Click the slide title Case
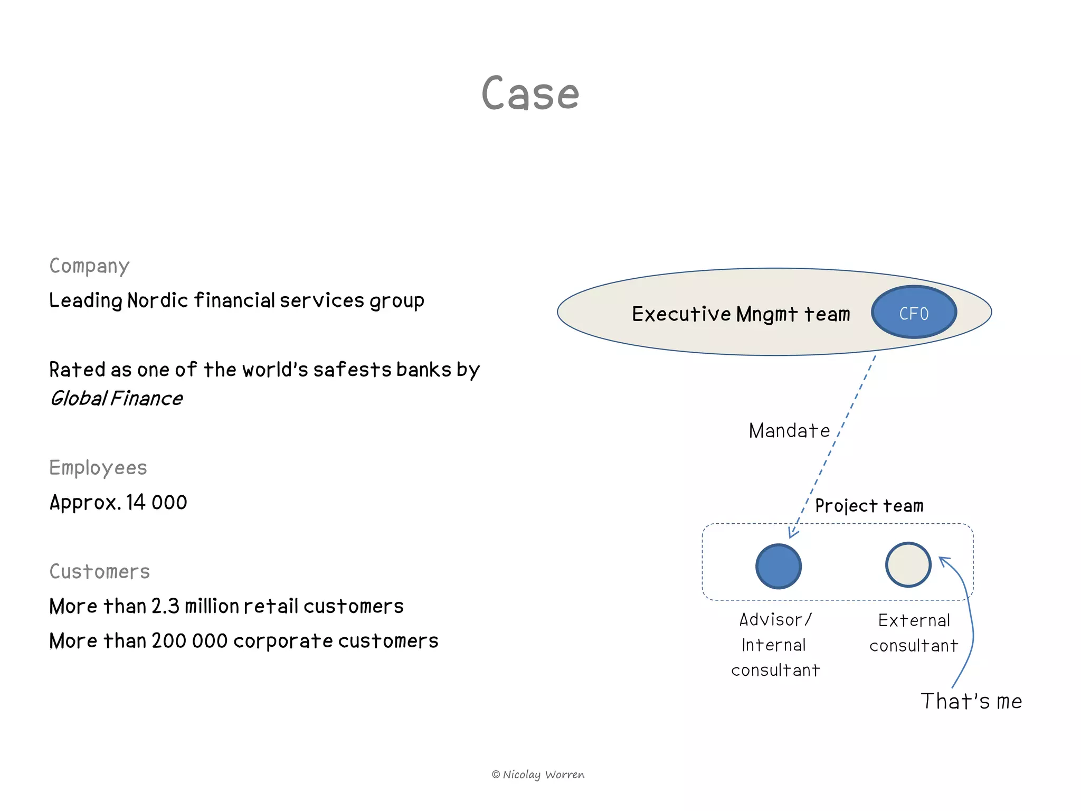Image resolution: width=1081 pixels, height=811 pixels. [x=530, y=94]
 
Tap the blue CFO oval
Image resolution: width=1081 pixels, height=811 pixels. [x=914, y=313]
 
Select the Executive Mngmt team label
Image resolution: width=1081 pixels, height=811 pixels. [x=741, y=314]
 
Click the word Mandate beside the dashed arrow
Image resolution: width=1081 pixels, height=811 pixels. [x=789, y=431]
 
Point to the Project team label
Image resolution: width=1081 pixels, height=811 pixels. [x=869, y=506]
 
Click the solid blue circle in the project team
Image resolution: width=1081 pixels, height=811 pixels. [x=779, y=567]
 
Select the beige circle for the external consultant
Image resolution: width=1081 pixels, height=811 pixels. [x=908, y=564]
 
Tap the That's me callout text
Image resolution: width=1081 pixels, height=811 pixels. [x=971, y=701]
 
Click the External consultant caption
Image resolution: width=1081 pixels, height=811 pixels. [x=914, y=633]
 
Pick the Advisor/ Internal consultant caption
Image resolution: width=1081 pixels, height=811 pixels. [x=775, y=645]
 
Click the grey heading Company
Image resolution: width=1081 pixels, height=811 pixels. [x=89, y=266]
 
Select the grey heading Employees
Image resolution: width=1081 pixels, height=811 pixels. [x=98, y=468]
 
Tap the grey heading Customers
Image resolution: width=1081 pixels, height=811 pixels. [x=100, y=572]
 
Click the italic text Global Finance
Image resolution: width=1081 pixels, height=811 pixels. [x=117, y=399]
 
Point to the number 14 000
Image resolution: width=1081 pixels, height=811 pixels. [x=156, y=502]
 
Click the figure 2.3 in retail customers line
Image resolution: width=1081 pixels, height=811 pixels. [x=165, y=606]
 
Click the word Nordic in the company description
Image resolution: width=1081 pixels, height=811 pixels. [x=157, y=300]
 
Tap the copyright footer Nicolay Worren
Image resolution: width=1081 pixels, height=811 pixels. [x=538, y=775]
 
